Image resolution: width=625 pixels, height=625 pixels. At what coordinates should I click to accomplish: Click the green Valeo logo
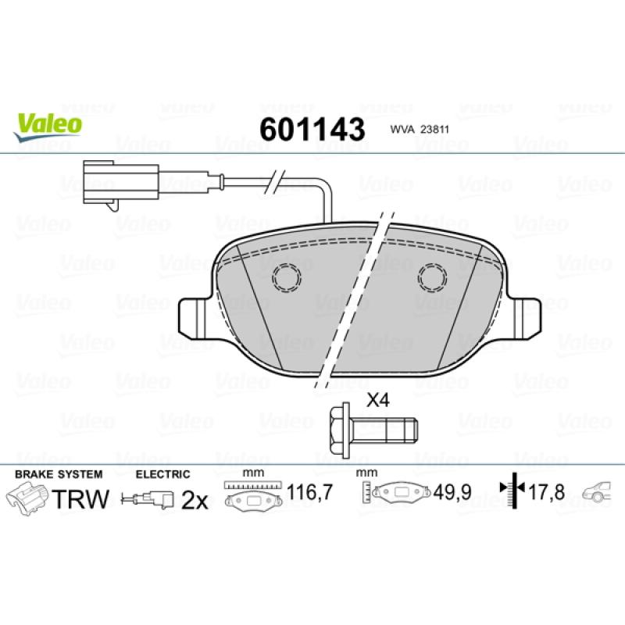48,127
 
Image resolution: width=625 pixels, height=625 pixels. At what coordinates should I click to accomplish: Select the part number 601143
312,129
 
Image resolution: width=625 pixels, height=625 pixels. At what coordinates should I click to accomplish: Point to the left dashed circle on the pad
286,277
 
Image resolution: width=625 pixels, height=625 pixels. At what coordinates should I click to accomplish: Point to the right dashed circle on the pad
432,277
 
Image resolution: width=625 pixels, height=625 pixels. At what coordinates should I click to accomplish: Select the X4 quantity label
377,400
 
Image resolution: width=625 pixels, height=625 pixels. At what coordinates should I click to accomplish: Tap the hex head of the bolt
341,429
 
